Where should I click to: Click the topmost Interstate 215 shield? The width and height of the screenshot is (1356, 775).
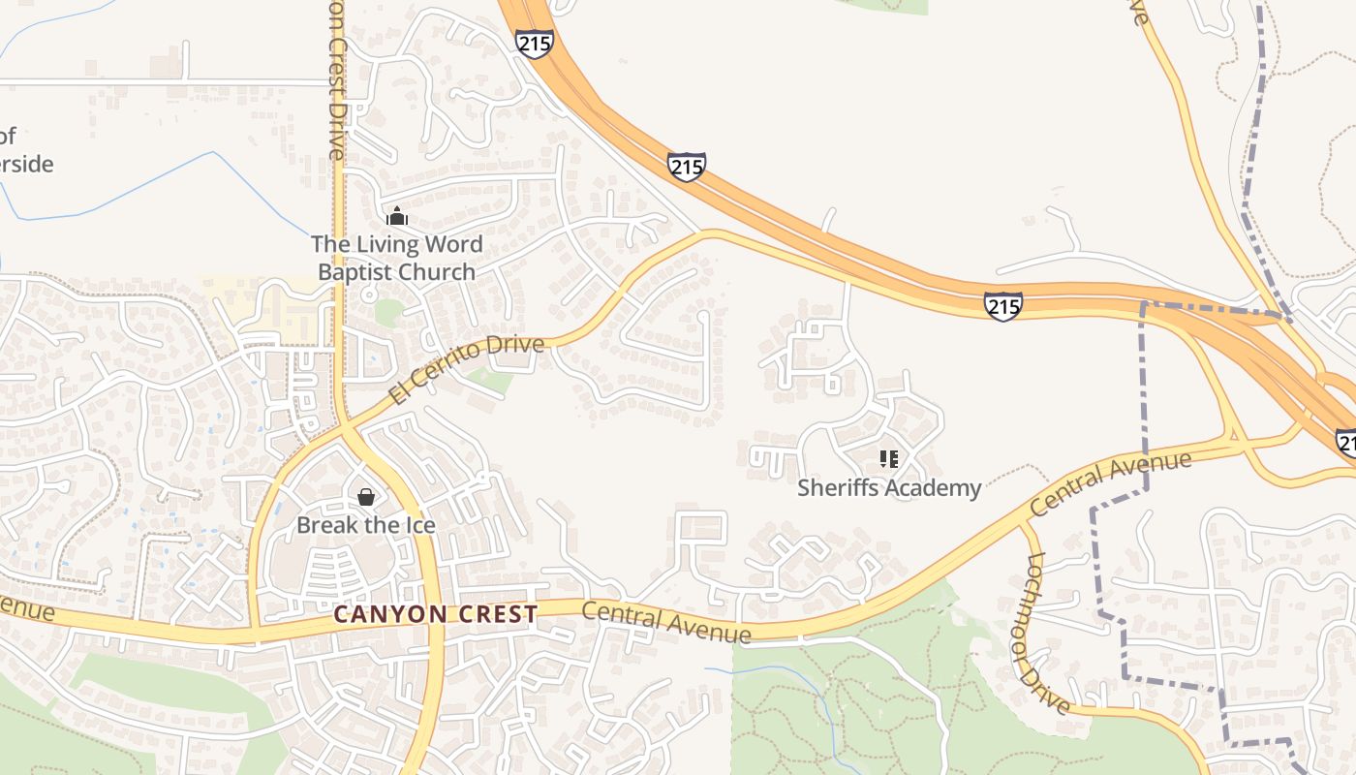[534, 43]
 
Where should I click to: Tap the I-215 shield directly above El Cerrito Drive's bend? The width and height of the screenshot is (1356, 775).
[686, 167]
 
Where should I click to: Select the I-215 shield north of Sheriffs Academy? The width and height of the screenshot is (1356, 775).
[1002, 306]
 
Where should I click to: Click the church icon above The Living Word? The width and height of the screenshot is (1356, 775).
[396, 216]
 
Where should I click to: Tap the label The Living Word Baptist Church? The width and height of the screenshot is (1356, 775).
[396, 258]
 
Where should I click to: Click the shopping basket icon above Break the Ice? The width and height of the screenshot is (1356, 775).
[366, 497]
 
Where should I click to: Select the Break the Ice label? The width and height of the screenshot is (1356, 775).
[366, 525]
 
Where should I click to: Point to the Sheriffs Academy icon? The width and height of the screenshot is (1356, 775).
[888, 459]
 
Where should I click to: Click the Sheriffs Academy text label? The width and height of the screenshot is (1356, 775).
[888, 487]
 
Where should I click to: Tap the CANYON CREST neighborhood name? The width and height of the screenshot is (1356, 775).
[435, 614]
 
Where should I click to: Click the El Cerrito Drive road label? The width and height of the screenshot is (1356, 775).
[468, 369]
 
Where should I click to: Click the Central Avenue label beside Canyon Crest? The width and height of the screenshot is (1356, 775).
[666, 622]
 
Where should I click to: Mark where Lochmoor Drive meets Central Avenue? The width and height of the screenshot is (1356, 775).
[1025, 524]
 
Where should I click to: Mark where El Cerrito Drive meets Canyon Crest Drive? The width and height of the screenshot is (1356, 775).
[342, 425]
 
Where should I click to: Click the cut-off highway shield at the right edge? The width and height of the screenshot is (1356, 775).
[1346, 442]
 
